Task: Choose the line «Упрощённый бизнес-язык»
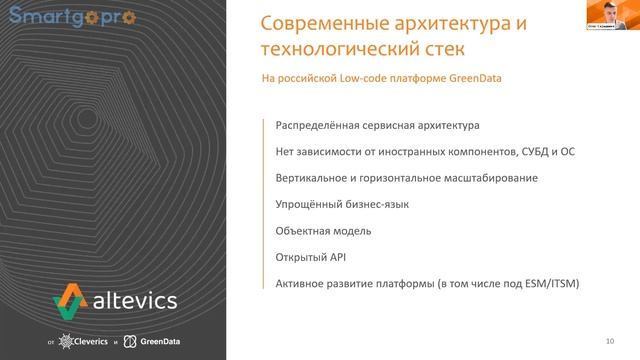342,204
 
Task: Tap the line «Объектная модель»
323,231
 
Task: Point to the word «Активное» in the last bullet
299,283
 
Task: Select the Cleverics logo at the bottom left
82,343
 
